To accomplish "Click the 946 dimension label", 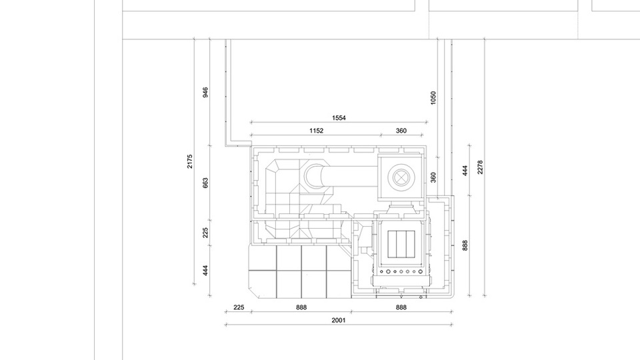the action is pyautogui.click(x=205, y=92).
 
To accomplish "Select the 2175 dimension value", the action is pyautogui.click(x=190, y=161).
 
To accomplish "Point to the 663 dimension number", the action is pyautogui.click(x=205, y=183).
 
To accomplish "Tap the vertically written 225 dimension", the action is pyautogui.click(x=205, y=233).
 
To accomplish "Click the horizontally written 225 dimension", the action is pyautogui.click(x=239, y=307).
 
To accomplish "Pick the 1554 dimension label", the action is pyautogui.click(x=339, y=118).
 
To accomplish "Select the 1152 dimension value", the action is pyautogui.click(x=316, y=131).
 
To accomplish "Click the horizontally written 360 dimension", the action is pyautogui.click(x=401, y=131).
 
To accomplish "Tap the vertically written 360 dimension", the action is pyautogui.click(x=433, y=177).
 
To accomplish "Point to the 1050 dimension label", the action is pyautogui.click(x=433, y=98).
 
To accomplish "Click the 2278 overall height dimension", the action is pyautogui.click(x=480, y=167).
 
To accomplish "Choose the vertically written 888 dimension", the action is pyautogui.click(x=465, y=245).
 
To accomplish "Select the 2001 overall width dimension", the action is pyautogui.click(x=339, y=321).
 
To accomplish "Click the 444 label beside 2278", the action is pyautogui.click(x=465, y=171).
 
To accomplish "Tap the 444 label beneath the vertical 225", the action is pyautogui.click(x=205, y=271).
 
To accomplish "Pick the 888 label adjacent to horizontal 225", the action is pyautogui.click(x=301, y=307).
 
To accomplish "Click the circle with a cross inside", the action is pyautogui.click(x=401, y=177).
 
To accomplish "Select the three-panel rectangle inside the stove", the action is pyautogui.click(x=401, y=244).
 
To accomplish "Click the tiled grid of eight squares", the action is pyautogui.click(x=300, y=271).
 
